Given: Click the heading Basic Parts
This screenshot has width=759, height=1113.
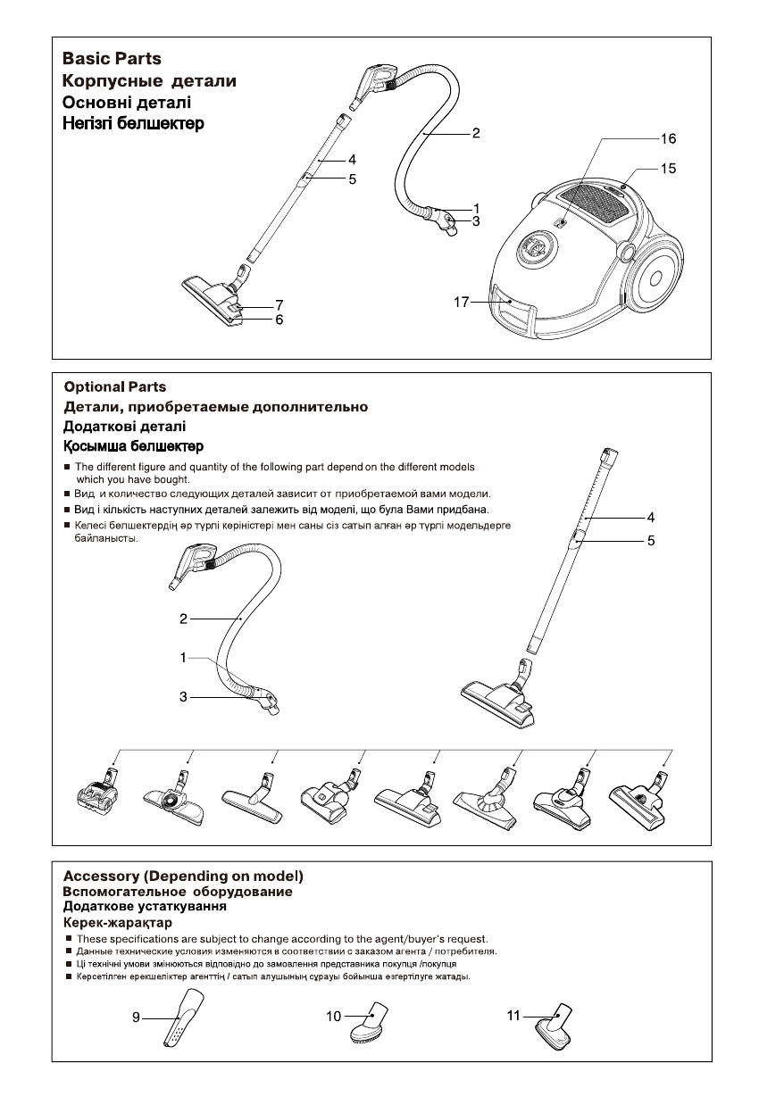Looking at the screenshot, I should pyautogui.click(x=112, y=59).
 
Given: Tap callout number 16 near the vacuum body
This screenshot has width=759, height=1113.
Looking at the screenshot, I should pyautogui.click(x=668, y=139).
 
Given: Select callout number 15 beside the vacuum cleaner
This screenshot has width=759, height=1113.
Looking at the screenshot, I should pyautogui.click(x=668, y=168).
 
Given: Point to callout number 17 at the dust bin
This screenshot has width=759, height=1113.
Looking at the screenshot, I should pyautogui.click(x=461, y=303).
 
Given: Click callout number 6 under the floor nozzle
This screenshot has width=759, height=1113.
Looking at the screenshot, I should pyautogui.click(x=279, y=319).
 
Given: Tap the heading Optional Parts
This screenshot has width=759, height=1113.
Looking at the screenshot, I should pyautogui.click(x=114, y=387).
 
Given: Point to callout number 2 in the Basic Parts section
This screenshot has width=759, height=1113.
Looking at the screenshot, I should pyautogui.click(x=476, y=134).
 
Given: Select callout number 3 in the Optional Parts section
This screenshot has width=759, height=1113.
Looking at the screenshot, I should pyautogui.click(x=183, y=697).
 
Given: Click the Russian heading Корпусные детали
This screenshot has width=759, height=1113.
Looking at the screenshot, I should pyautogui.click(x=149, y=81).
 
